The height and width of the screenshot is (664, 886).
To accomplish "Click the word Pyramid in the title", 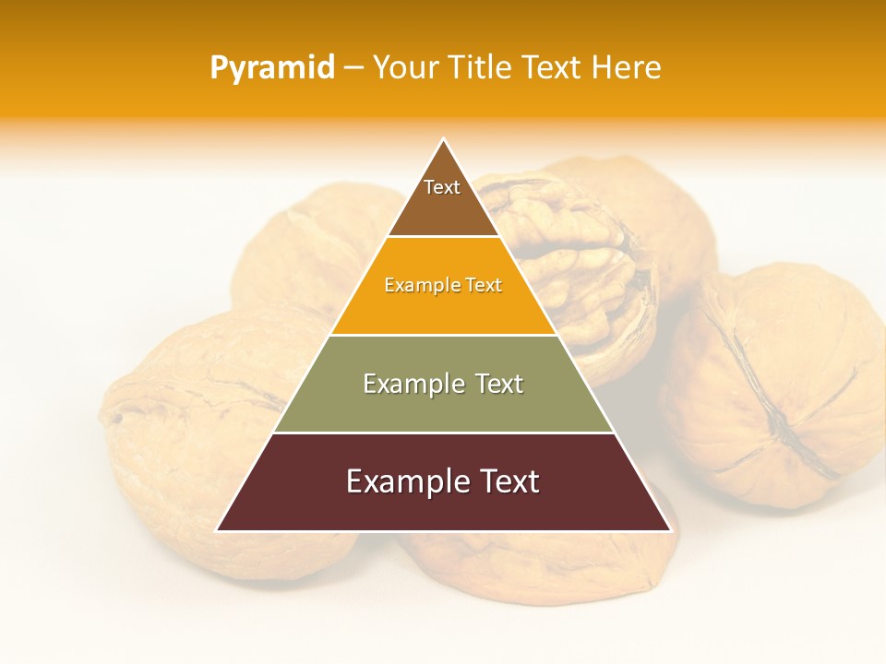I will (272, 68).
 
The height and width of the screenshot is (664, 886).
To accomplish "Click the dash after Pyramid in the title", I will (353, 68).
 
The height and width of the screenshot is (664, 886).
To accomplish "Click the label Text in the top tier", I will (442, 187).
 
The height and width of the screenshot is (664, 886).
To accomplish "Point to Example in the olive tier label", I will (412, 384).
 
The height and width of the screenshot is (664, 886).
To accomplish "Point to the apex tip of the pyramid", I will (444, 140).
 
